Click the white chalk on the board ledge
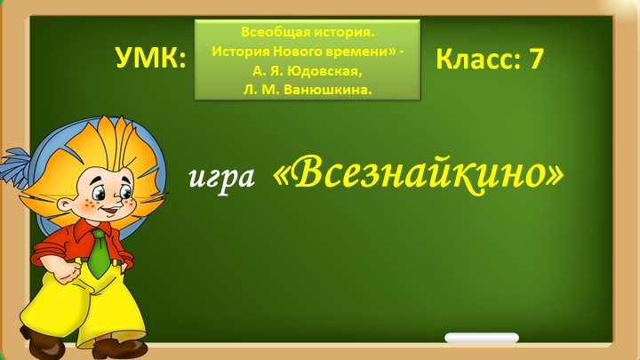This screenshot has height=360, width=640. coord(481,339)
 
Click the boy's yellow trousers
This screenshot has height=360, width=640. coord(89,302)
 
